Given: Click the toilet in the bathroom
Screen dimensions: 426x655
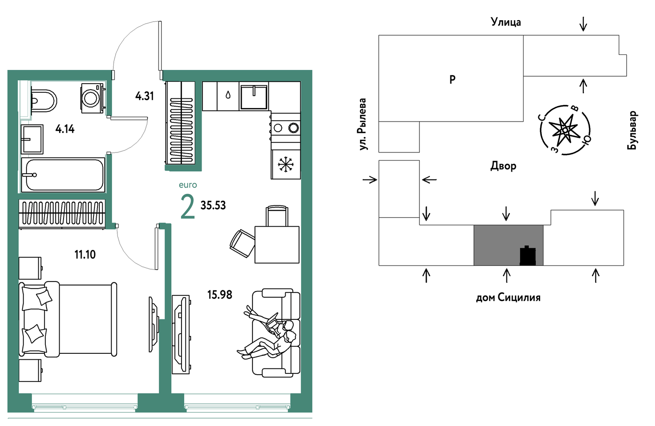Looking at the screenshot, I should point(43,100).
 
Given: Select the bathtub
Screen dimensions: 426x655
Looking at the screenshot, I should point(63,175).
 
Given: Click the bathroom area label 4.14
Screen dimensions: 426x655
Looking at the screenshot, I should point(65,129).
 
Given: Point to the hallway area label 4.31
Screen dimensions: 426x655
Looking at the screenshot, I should point(144,96).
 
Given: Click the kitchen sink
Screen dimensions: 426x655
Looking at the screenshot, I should point(254,96).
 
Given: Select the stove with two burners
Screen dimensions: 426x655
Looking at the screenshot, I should point(286,128).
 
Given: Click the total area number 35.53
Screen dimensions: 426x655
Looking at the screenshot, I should point(213,205).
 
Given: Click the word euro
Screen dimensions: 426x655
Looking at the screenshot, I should point(188,185).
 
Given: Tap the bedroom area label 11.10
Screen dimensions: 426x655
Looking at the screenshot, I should point(85,255).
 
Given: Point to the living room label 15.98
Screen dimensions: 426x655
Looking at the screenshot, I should point(220,295).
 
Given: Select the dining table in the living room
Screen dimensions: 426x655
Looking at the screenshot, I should point(277,244).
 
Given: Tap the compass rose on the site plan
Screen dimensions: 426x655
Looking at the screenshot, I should point(565,130).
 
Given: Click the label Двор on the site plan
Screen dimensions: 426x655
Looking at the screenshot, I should point(503,166).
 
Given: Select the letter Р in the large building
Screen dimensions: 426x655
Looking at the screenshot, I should point(453,79).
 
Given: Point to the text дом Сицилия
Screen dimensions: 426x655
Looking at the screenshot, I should point(508,297).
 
